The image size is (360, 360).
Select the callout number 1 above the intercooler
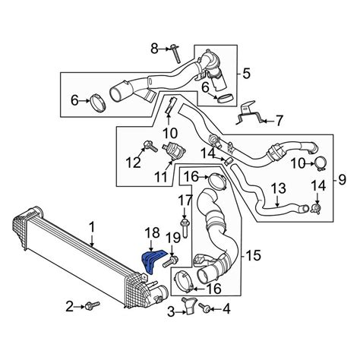click(x=92, y=226)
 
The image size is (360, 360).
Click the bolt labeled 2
click(x=93, y=306)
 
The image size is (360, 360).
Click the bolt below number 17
click(x=185, y=226)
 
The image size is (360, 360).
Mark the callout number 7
click(x=279, y=120)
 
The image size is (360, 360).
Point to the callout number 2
click(x=69, y=306)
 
